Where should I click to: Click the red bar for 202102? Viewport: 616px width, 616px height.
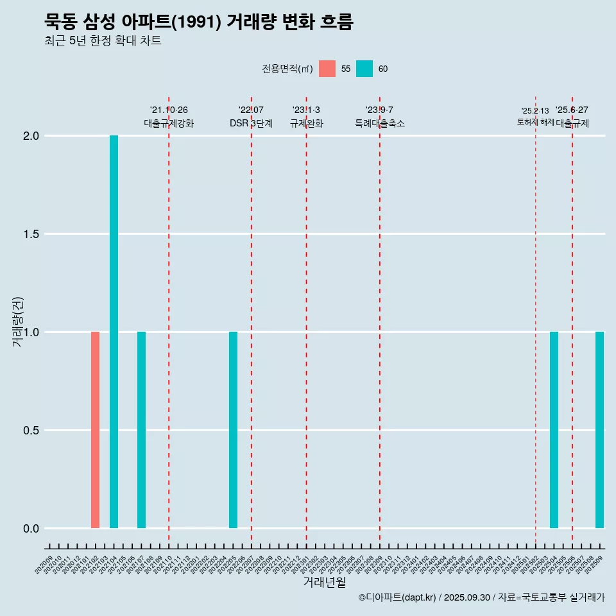[x=95, y=430]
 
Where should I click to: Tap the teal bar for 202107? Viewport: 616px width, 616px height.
[x=141, y=430]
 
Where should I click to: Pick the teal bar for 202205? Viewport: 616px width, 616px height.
[x=233, y=430]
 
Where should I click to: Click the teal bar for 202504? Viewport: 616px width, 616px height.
[x=554, y=430]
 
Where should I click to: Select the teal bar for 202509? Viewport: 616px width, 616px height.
[x=599, y=430]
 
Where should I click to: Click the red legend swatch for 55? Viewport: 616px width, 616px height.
[x=327, y=69]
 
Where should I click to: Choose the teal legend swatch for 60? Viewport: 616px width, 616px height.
[x=364, y=69]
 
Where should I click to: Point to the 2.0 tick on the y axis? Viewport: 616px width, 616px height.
[x=31, y=136]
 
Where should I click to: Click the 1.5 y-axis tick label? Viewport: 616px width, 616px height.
[x=31, y=234]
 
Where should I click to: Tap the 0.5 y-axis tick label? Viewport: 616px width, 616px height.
[x=31, y=431]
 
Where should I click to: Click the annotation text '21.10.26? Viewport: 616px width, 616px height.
[x=169, y=110]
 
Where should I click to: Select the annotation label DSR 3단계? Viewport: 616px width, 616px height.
[x=251, y=123]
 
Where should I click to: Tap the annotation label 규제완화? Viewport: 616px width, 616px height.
[x=306, y=123]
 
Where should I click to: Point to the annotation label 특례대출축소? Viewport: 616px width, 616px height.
[x=380, y=123]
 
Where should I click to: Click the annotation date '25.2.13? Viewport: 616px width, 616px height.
[x=535, y=111]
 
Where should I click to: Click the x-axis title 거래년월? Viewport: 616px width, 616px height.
[x=324, y=583]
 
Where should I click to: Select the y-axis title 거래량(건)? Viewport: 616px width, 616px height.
[x=18, y=321]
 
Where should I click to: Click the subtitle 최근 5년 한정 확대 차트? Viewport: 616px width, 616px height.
[x=103, y=41]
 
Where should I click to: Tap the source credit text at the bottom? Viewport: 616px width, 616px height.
[x=481, y=598]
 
